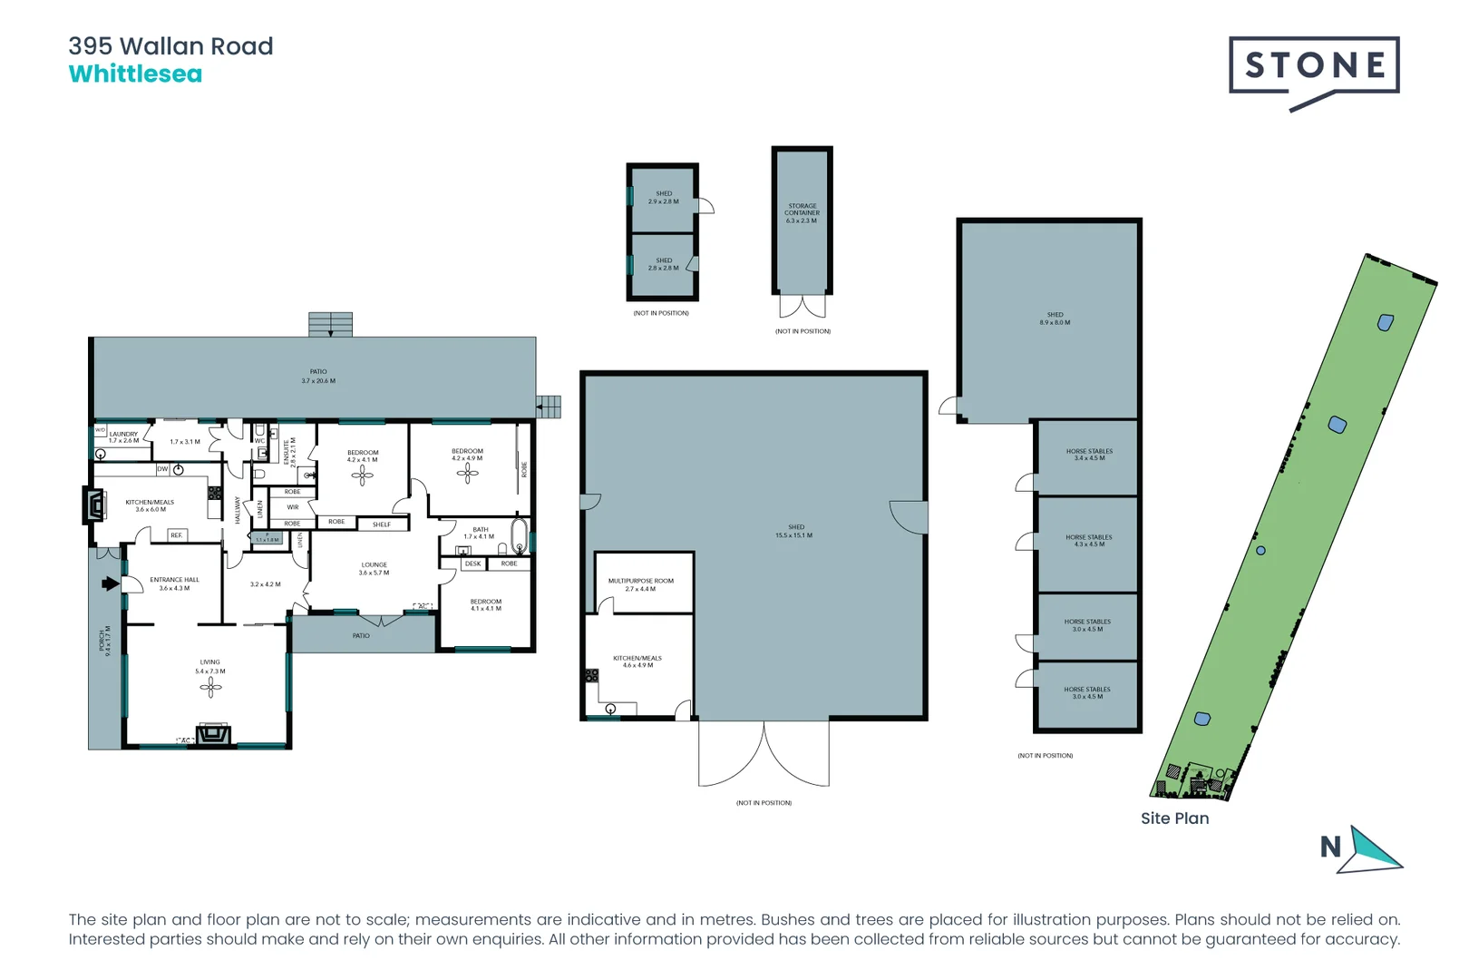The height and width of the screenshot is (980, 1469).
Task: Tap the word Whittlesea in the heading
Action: coord(135,74)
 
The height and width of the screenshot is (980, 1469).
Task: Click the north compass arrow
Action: coord(1372,850)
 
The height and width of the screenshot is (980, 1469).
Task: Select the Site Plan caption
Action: coord(1174,818)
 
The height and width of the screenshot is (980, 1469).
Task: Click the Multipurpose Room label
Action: coord(640,584)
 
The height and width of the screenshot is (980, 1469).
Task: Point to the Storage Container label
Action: coord(802,213)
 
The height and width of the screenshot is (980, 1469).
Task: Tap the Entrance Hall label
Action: coord(174,583)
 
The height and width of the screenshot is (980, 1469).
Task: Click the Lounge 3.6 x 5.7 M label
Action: coord(374,568)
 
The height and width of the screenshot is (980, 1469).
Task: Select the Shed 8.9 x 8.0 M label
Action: coord(1055,318)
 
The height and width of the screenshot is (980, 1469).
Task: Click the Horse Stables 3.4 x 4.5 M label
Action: coord(1089,455)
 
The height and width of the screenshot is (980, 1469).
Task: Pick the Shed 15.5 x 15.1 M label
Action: coord(795,531)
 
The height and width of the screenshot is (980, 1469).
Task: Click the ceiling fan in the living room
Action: coord(210,689)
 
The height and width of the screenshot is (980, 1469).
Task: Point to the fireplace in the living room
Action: coord(214,733)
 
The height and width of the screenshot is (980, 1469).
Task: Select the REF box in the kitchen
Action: coord(176,535)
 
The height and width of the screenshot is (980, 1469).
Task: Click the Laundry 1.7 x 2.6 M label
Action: coord(124,437)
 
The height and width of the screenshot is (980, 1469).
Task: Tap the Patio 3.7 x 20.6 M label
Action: coord(318,376)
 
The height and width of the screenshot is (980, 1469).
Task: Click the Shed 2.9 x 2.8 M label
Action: coord(664,197)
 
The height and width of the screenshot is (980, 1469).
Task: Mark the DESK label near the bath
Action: coord(472,563)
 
